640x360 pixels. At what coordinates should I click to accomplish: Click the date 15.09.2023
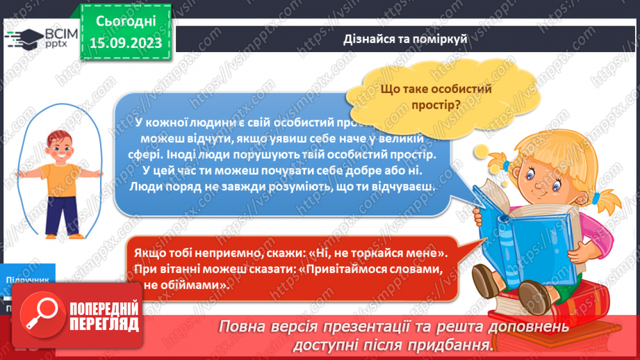coord(126,42)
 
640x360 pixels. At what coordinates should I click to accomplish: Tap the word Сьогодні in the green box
coord(126,21)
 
